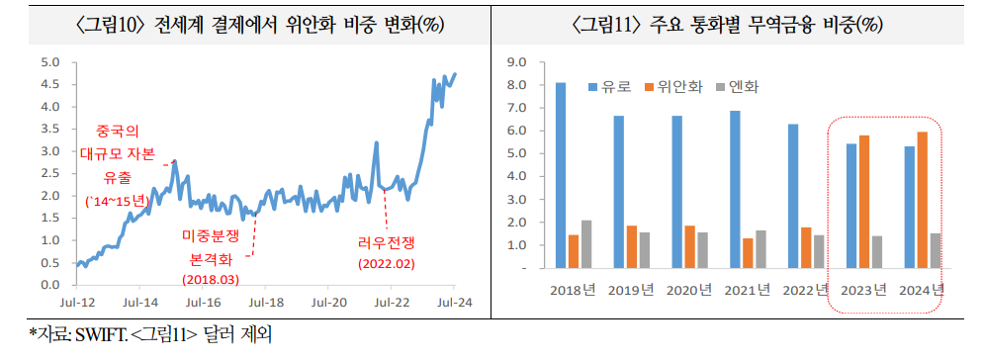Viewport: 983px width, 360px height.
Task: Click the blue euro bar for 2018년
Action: pyautogui.click(x=561, y=175)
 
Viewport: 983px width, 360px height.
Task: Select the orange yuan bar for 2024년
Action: pyautogui.click(x=922, y=200)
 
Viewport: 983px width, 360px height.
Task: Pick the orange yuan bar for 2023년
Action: pyautogui.click(x=863, y=202)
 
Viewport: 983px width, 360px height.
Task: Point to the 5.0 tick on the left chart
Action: pyautogui.click(x=51, y=61)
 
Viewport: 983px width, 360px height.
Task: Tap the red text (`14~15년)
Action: pyautogui.click(x=118, y=201)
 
